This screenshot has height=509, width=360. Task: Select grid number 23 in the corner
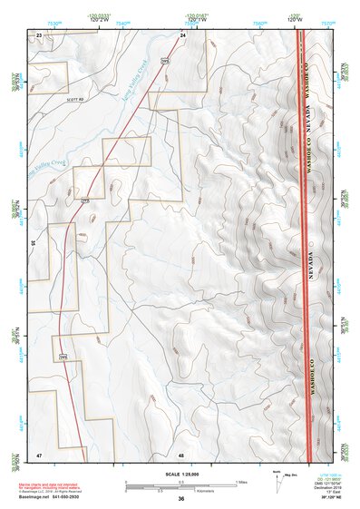[39, 34]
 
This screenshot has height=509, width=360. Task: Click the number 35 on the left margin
[32, 243]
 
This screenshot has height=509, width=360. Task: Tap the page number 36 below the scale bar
[181, 498]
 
